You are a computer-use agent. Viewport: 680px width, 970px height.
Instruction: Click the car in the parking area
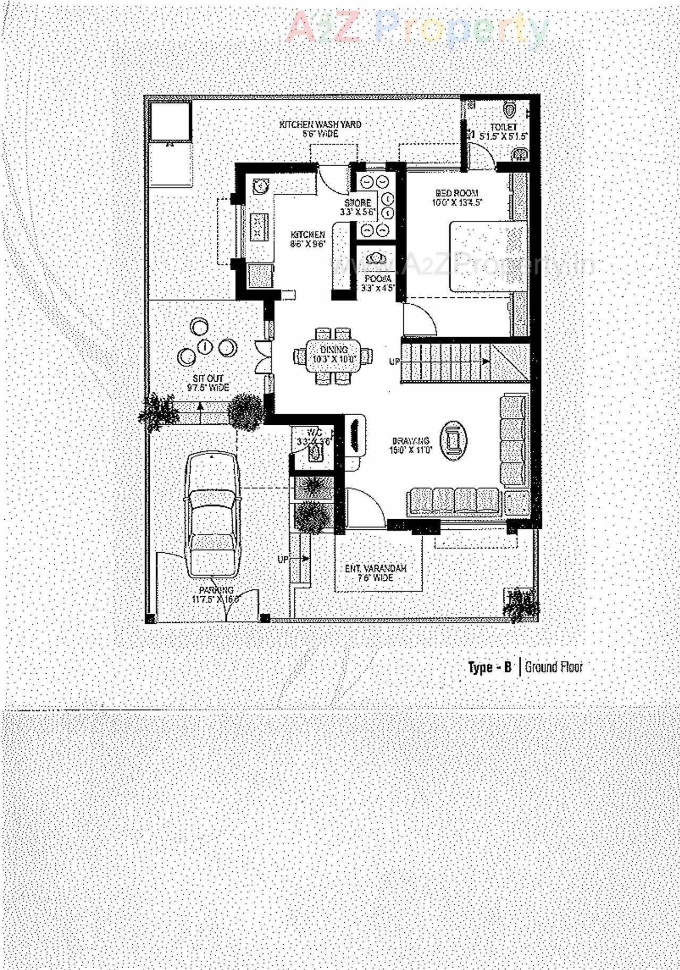pos(211,515)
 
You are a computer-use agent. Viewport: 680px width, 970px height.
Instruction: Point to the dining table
pos(334,355)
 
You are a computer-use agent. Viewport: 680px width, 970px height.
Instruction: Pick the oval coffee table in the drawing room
pos(453,440)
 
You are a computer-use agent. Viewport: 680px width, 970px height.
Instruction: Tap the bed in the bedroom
pos(487,256)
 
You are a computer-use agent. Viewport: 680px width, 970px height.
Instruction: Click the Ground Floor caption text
pos(554,667)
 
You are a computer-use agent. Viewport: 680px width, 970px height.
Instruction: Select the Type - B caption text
pos(489,667)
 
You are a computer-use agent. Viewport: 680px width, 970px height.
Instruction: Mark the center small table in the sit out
pos(206,347)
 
